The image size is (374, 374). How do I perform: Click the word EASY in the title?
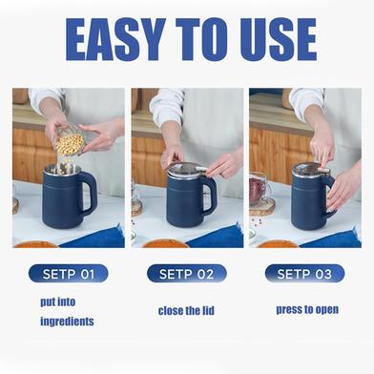pyautogui.click(x=118, y=38)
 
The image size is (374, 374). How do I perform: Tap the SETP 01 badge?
pyautogui.click(x=68, y=274)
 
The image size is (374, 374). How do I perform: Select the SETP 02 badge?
pyautogui.click(x=187, y=274)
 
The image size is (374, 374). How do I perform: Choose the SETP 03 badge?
pyautogui.click(x=304, y=274)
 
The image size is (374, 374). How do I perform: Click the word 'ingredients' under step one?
pyautogui.click(x=68, y=322)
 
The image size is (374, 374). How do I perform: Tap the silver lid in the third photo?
pyautogui.click(x=308, y=171)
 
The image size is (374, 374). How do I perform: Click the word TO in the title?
pyautogui.click(x=199, y=38)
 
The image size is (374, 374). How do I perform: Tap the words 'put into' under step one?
pyautogui.click(x=58, y=301)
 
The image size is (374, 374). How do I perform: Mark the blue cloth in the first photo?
pyautogui.click(x=105, y=236)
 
